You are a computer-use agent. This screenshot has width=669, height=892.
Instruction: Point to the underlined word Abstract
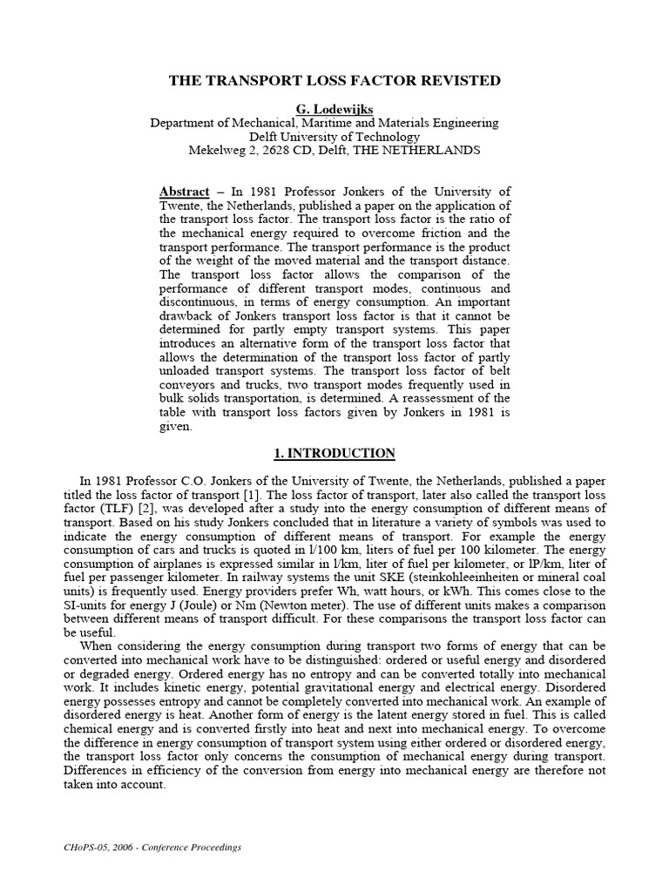[185, 192]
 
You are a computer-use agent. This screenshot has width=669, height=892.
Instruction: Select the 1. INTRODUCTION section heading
[334, 454]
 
